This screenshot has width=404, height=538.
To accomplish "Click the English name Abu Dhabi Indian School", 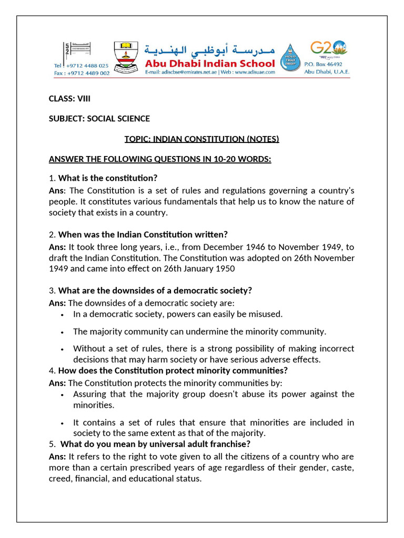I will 210,63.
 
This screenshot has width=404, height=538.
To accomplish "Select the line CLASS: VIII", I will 66,98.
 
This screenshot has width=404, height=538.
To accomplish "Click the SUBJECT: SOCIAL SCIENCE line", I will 99,119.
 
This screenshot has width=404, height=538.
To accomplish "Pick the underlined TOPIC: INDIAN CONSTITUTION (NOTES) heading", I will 201,139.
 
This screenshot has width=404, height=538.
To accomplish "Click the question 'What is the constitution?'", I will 108,178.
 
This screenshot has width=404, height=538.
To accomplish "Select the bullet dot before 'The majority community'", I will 63,332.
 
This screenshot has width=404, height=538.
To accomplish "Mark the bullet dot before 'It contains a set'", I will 63,423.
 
